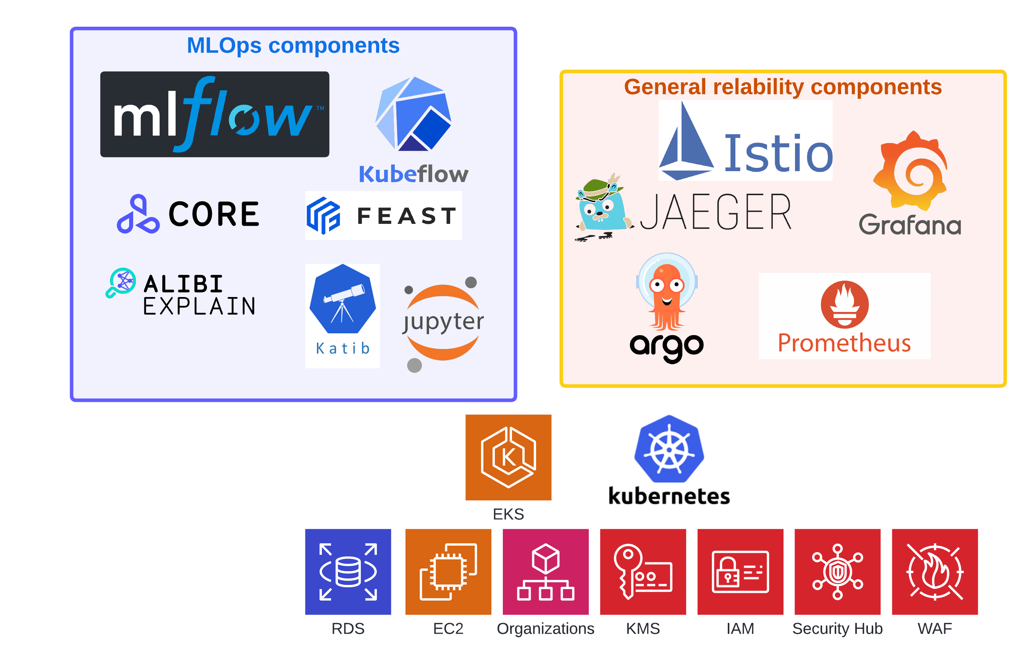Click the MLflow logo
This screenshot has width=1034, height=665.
[x=215, y=114]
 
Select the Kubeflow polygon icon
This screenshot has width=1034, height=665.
[x=413, y=114]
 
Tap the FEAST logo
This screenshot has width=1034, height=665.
[x=383, y=215]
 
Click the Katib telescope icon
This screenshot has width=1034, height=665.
[x=343, y=299]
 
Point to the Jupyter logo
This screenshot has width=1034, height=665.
[x=443, y=323]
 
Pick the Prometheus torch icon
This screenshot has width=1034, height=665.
[x=844, y=304]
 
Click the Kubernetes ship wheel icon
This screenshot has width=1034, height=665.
[x=669, y=449]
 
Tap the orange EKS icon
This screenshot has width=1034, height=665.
[x=508, y=457]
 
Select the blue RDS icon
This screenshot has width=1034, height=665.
[x=348, y=572]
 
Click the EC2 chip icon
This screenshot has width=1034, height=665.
[x=448, y=572]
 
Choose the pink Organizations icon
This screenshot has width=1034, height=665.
[x=546, y=572]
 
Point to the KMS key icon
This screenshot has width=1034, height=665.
[x=643, y=572]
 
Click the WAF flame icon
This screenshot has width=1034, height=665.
[x=935, y=572]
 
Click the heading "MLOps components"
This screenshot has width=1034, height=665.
[x=293, y=45]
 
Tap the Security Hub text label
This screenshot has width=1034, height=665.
[x=837, y=629]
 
